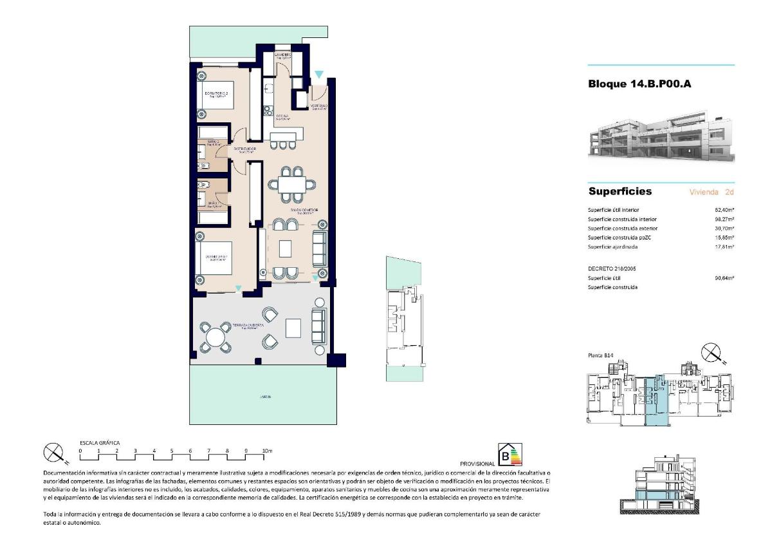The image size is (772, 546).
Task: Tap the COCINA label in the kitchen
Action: click(x=282, y=117)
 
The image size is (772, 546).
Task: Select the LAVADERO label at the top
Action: click(x=283, y=55)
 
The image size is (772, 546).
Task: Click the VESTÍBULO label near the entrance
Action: click(x=320, y=106)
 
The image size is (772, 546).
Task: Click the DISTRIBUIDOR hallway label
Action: click(x=244, y=149)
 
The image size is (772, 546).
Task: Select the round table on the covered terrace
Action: click(x=216, y=335)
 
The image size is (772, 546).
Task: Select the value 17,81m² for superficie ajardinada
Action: click(x=724, y=247)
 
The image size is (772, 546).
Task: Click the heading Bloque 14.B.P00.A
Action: click(x=639, y=83)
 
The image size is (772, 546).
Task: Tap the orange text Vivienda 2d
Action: click(x=712, y=192)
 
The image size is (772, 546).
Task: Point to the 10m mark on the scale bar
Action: click(x=268, y=451)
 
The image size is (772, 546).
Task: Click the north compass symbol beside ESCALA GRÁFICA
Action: click(x=55, y=454)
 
